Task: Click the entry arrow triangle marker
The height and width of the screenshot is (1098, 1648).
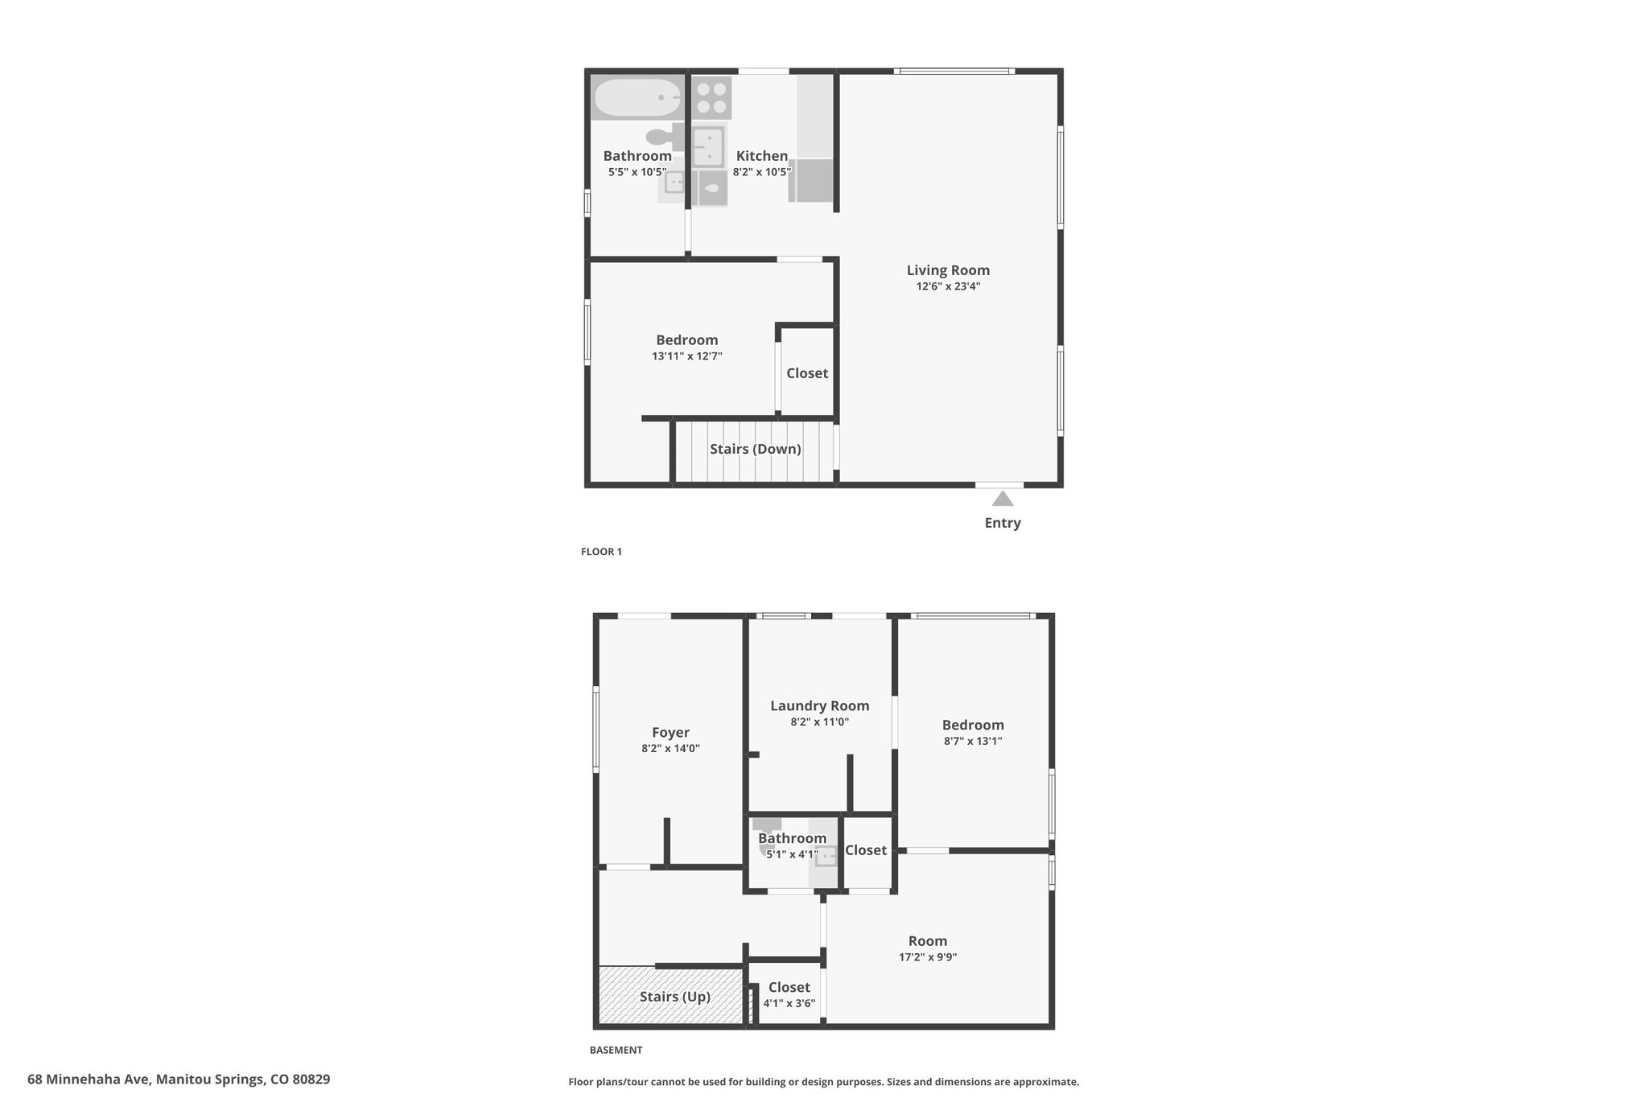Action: [1002, 499]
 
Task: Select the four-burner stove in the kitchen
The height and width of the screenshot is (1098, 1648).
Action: [711, 98]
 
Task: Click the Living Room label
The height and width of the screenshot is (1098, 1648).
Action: [948, 270]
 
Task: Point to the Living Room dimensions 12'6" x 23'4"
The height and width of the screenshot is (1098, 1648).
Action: [948, 286]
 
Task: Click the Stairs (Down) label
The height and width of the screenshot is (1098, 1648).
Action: [755, 449]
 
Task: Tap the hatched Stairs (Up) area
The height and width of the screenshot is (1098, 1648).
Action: [670, 996]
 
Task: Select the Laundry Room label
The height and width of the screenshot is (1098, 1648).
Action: [819, 706]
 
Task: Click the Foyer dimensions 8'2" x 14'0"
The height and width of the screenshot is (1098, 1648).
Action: [670, 749]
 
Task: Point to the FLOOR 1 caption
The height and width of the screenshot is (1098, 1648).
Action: [601, 552]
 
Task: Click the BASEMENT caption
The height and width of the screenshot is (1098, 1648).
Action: [616, 1050]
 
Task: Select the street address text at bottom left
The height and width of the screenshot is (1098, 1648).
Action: [179, 1079]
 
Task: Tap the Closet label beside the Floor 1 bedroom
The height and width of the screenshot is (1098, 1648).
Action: [807, 373]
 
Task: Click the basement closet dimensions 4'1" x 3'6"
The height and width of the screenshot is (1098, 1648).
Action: [789, 1003]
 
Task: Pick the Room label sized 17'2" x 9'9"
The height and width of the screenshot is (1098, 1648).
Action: [928, 941]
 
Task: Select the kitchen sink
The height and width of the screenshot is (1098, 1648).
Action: [708, 146]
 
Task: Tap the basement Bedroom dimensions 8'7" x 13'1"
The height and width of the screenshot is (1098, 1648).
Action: [973, 742]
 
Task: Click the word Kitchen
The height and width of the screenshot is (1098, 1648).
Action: [761, 156]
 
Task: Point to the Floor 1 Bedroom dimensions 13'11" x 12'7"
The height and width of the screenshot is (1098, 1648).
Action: [686, 356]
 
